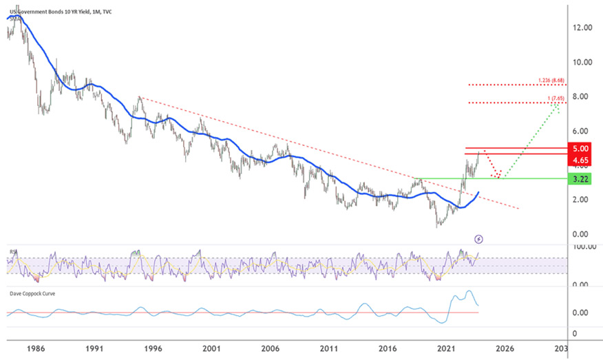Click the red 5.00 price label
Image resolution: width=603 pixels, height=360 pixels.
[x=580, y=149]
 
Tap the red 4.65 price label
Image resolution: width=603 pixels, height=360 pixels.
[x=580, y=160]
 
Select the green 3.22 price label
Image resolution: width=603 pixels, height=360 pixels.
[x=580, y=178]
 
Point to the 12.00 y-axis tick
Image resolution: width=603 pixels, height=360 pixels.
[x=582, y=28]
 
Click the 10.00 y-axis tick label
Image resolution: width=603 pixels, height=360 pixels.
[x=582, y=62]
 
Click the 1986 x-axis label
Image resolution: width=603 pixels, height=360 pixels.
[x=36, y=348]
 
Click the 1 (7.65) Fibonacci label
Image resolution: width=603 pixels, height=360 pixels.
[x=556, y=98]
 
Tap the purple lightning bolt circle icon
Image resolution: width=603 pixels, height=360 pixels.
[x=480, y=239]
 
